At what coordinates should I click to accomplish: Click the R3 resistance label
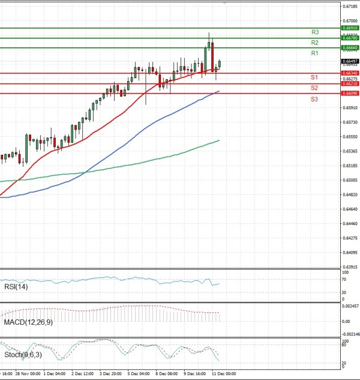(314, 32)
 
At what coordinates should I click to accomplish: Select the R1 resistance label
(314, 53)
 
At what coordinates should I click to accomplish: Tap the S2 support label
(314, 88)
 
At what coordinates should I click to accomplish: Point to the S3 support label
(314, 98)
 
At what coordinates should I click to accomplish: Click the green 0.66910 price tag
(350, 28)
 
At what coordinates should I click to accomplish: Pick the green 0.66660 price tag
(350, 47)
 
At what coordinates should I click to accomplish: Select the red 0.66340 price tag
(350, 73)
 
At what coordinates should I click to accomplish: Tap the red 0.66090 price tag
(350, 94)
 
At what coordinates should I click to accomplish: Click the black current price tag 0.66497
(350, 61)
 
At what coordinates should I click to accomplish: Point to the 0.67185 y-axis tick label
(351, 7)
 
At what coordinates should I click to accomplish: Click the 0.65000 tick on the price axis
(351, 180)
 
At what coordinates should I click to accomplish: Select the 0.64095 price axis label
(351, 253)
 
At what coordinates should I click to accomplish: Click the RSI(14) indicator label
(16, 288)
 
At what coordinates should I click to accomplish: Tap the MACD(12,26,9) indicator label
(27, 322)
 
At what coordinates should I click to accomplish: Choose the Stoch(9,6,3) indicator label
(22, 354)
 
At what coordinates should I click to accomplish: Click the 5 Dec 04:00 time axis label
(138, 373)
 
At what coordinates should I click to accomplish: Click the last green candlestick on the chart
(220, 64)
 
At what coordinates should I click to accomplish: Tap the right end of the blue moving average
(219, 91)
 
